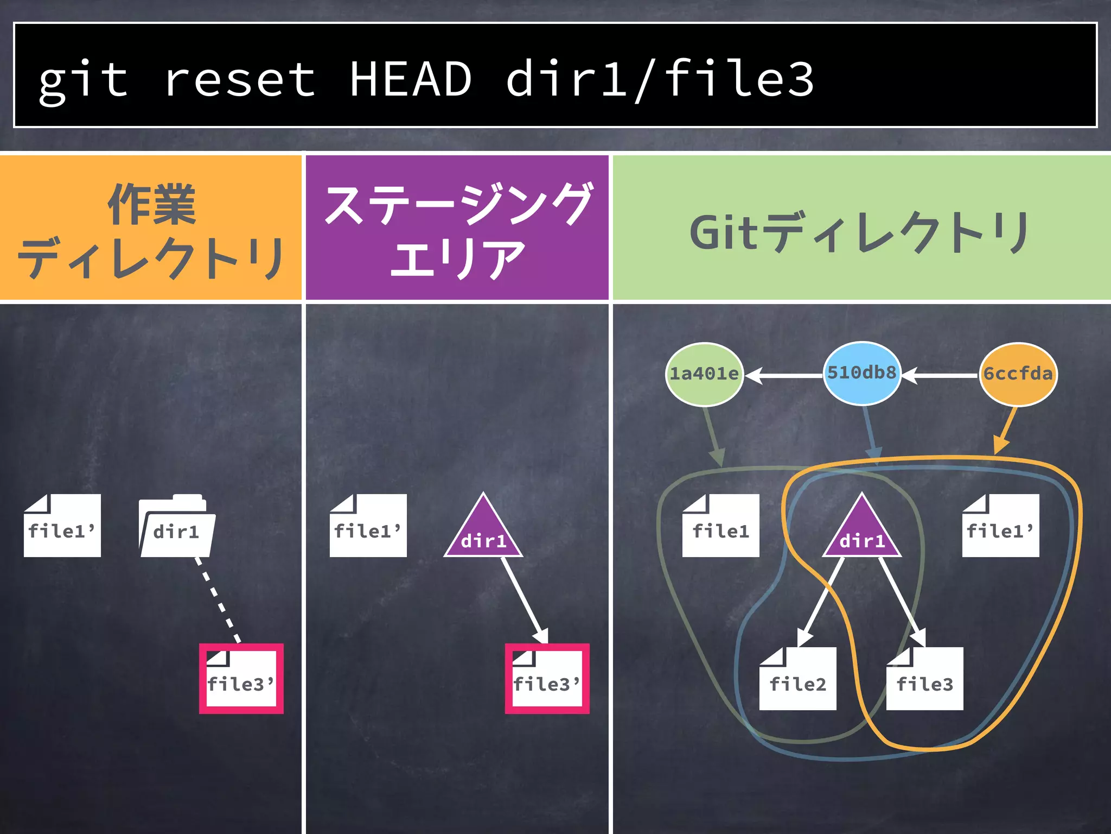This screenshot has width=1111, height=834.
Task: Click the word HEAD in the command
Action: click(410, 80)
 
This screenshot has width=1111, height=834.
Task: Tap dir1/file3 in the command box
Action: click(659, 80)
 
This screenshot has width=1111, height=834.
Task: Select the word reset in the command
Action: click(239, 80)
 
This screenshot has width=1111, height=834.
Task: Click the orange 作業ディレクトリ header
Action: click(150, 228)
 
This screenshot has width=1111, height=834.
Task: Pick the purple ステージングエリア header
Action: click(457, 228)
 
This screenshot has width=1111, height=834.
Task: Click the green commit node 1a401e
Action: click(704, 374)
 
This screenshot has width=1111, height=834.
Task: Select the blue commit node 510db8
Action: click(861, 373)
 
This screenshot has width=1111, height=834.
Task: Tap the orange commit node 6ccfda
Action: click(1018, 374)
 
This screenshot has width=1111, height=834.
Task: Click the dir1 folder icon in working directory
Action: click(177, 527)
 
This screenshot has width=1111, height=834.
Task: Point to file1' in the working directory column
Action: click(62, 526)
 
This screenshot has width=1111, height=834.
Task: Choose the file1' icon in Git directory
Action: click(1000, 526)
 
